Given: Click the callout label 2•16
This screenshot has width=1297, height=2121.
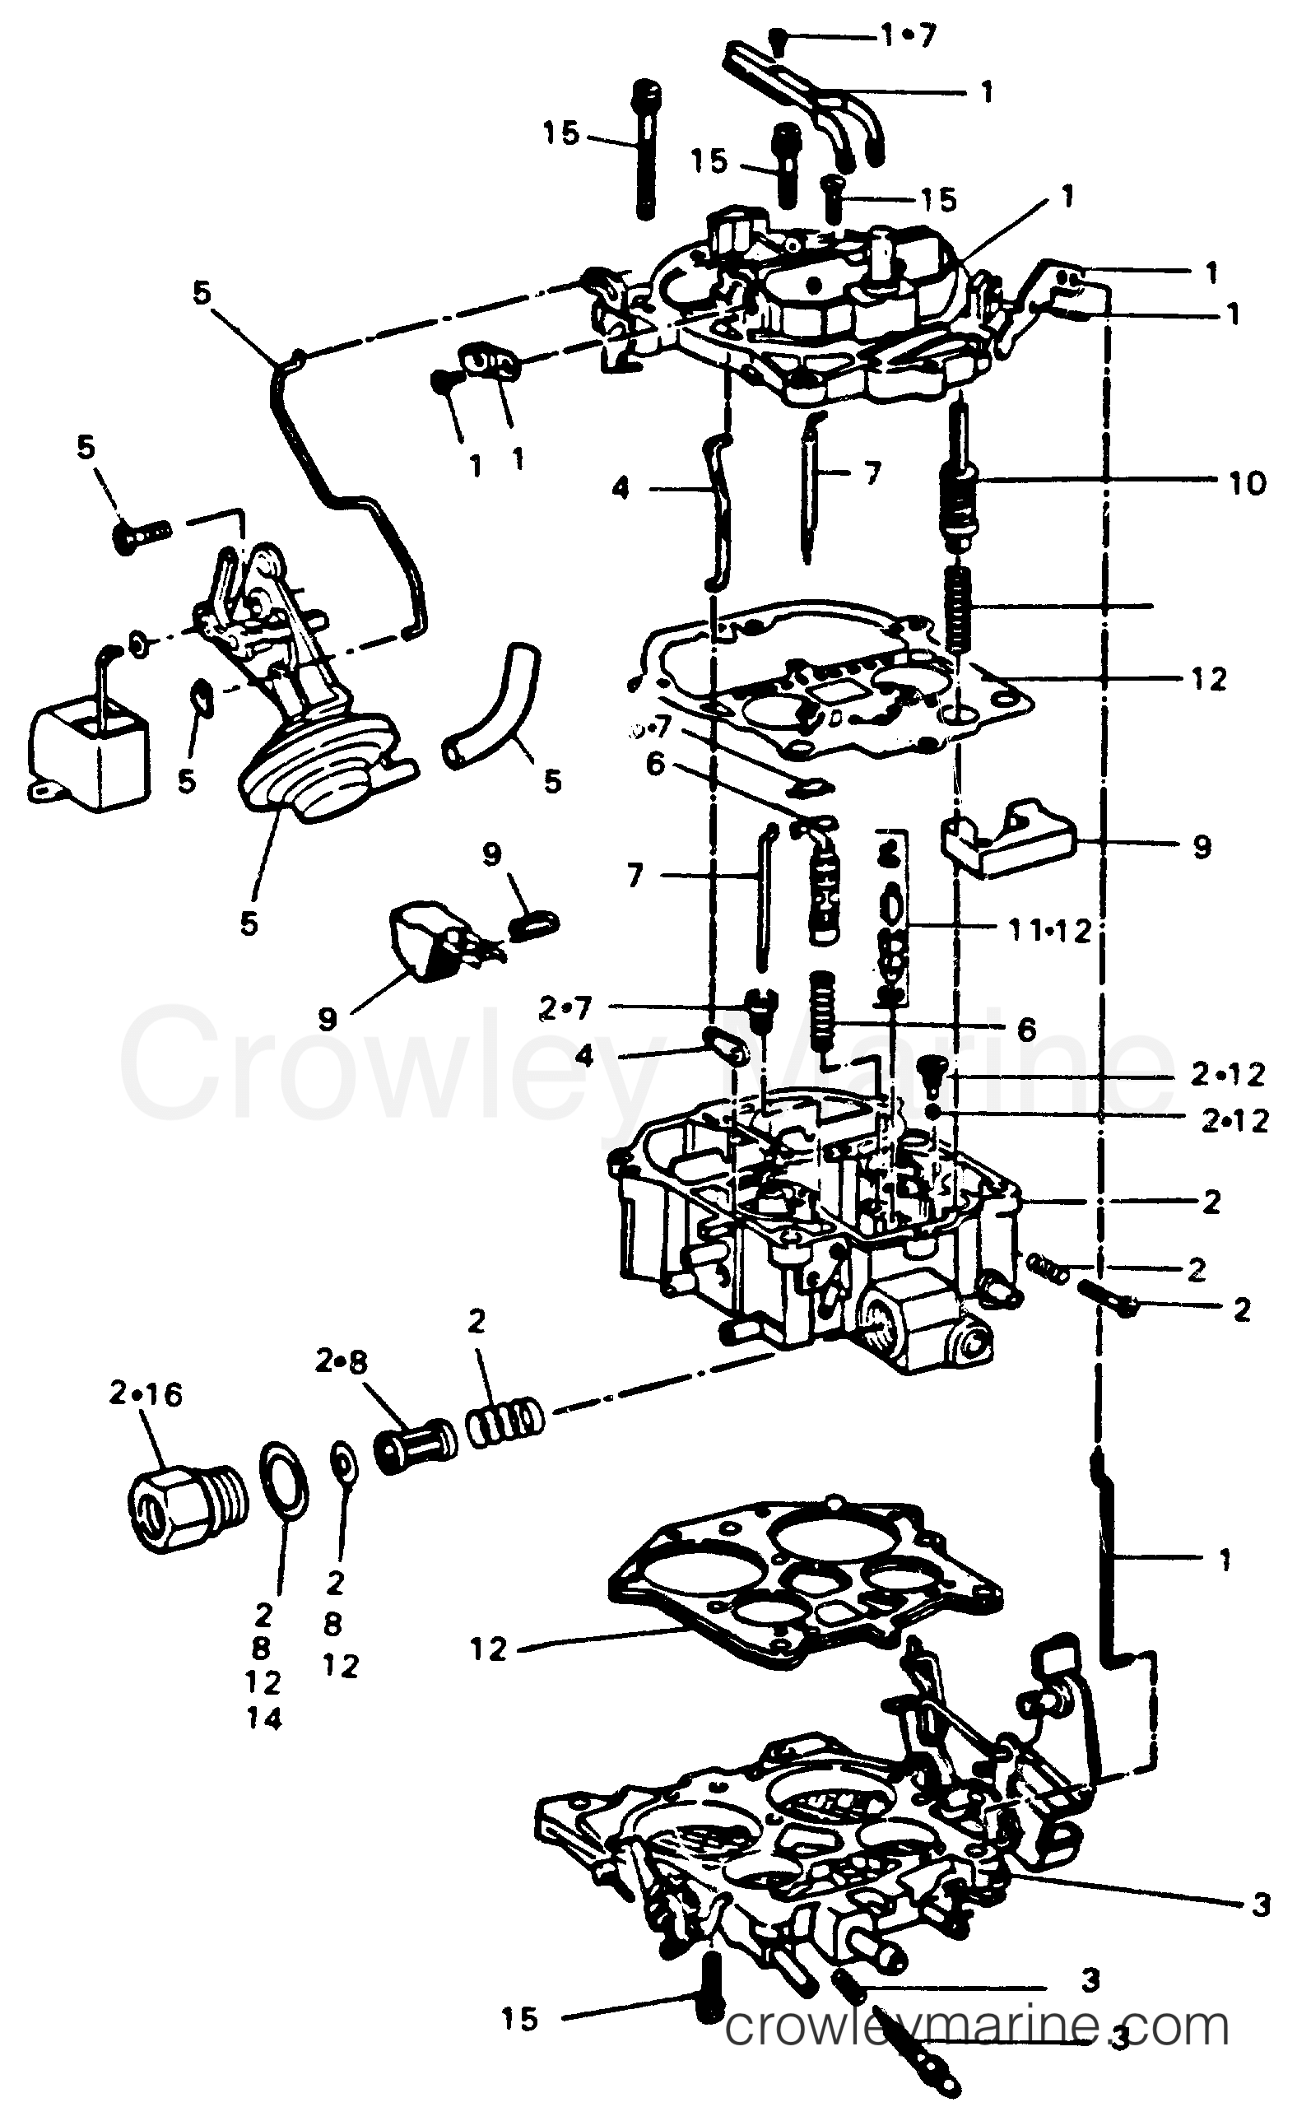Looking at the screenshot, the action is click(x=146, y=1394).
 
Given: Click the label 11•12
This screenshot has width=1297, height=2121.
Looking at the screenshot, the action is click(x=1049, y=930).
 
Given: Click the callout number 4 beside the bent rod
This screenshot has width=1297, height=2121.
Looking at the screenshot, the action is click(x=620, y=489).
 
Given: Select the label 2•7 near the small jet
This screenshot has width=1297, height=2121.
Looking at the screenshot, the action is click(x=565, y=1008).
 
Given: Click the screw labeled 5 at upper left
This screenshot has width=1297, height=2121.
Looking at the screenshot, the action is click(x=143, y=532).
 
